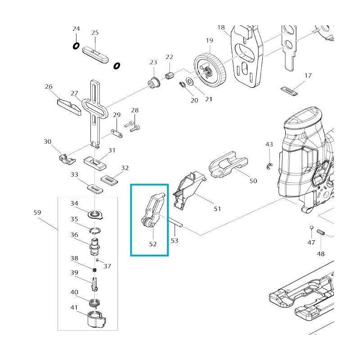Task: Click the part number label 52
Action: [x=153, y=244]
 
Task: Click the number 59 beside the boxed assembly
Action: [x=38, y=211]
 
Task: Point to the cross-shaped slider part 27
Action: [x=95, y=110]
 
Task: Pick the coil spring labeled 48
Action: [x=320, y=232]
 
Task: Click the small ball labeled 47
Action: [x=310, y=226]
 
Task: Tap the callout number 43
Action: [x=269, y=144]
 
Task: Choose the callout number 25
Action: [x=95, y=33]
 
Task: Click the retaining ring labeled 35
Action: [x=95, y=230]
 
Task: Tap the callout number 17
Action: [x=308, y=76]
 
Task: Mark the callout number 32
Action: [x=125, y=168]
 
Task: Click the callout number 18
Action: [x=221, y=28]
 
